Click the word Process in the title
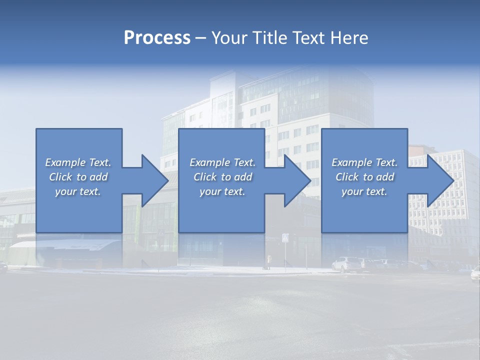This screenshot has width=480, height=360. (157, 38)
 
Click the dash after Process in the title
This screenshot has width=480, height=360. (201, 38)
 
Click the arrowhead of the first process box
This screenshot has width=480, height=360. (154, 180)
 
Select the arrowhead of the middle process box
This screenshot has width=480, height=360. (297, 180)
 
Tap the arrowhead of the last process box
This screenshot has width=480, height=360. (439, 180)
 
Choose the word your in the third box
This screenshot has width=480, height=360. (352, 191)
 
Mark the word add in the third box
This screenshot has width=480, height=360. (385, 177)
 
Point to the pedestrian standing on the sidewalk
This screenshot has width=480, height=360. (269, 261)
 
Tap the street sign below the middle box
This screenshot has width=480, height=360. (285, 238)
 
